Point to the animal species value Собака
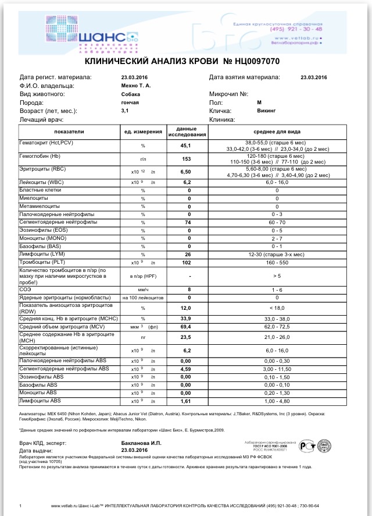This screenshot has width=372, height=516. pos(131,94)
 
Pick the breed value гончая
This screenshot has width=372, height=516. pos(130,102)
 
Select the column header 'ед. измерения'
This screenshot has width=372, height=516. pos(143,132)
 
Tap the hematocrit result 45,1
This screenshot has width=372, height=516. pos(187,146)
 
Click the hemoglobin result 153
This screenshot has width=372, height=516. pos(187,159)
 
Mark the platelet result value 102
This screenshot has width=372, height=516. pos(188,263)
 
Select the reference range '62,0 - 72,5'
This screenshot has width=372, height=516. pos(277,327)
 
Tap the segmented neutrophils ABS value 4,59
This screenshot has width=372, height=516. pos(186,369)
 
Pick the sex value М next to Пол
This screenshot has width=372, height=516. pos(259,102)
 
